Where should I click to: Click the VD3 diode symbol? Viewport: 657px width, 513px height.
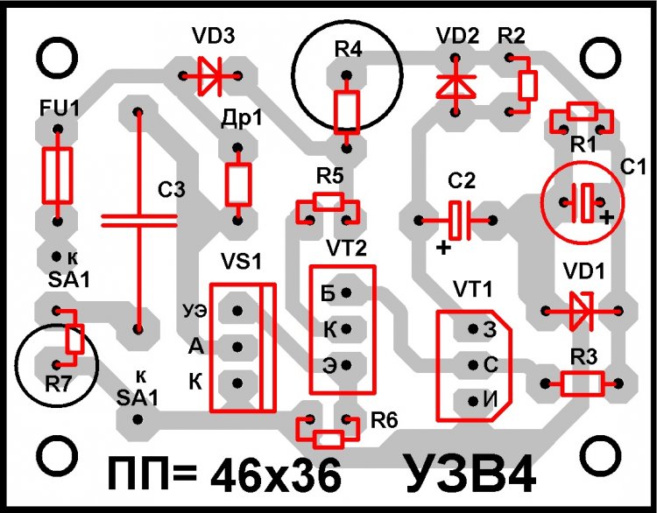click(210, 75)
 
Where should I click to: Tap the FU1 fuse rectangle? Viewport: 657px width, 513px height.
click(57, 174)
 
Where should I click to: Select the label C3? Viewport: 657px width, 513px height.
click(173, 189)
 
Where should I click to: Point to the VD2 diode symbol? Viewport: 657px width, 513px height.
click(456, 84)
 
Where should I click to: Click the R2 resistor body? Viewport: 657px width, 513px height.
click(526, 84)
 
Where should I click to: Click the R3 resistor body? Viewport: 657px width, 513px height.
click(583, 383)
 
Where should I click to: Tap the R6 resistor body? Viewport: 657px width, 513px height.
click(328, 437)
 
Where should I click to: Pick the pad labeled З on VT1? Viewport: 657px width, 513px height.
click(474, 329)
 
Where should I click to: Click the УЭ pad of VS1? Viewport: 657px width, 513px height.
click(236, 310)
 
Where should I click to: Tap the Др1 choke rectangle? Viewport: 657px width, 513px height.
click(237, 184)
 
